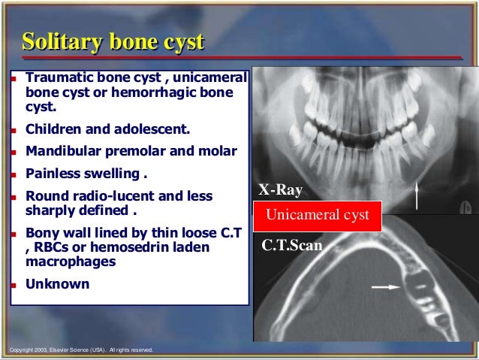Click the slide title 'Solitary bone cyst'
click(113, 42)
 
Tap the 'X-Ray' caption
click(281, 190)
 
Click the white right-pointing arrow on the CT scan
click(385, 286)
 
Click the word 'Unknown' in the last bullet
click(57, 284)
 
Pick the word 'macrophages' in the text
click(71, 262)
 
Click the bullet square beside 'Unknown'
click(14, 285)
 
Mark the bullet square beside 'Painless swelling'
click(14, 174)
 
